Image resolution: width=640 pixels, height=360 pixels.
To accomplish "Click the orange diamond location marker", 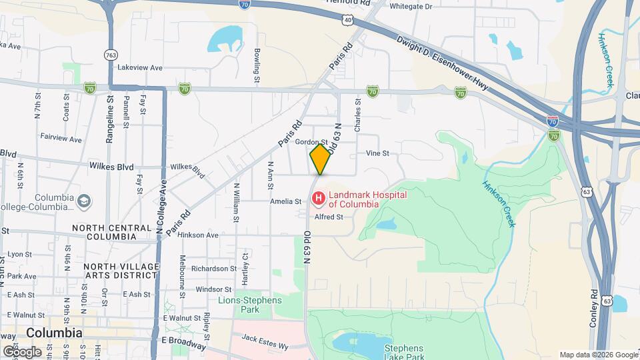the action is [320, 159].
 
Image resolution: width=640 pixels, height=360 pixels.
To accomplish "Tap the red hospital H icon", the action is [319, 199].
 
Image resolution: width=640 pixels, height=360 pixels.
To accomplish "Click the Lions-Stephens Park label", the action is [250, 305].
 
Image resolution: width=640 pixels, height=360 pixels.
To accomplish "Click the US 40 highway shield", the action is [349, 21].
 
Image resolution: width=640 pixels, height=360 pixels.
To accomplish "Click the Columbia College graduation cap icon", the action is [84, 201].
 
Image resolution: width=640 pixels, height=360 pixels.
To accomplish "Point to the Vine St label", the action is [377, 153].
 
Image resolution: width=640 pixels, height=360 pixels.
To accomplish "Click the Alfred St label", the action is [329, 217].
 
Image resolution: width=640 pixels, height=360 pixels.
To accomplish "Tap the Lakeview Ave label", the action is [140, 68].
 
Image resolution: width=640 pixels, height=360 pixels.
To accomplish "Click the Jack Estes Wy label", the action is [265, 342].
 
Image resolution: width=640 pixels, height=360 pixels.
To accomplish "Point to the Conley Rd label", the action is [593, 309].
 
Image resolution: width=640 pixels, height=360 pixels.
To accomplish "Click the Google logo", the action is [22, 351].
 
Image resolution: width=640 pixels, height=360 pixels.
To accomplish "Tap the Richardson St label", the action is [210, 269].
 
